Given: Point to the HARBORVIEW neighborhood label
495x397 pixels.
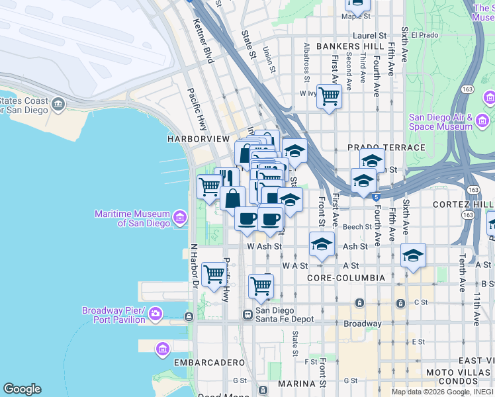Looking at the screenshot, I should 199,139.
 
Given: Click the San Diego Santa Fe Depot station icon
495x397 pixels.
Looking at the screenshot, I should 247,314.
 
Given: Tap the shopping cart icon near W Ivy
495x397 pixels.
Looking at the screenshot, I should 329,97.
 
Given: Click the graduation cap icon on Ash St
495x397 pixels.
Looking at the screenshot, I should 322,245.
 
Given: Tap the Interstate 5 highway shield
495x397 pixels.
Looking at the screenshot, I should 376,196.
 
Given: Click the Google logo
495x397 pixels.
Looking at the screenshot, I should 22,388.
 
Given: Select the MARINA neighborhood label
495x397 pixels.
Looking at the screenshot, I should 296,384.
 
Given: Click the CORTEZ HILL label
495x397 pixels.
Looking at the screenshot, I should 463,204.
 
